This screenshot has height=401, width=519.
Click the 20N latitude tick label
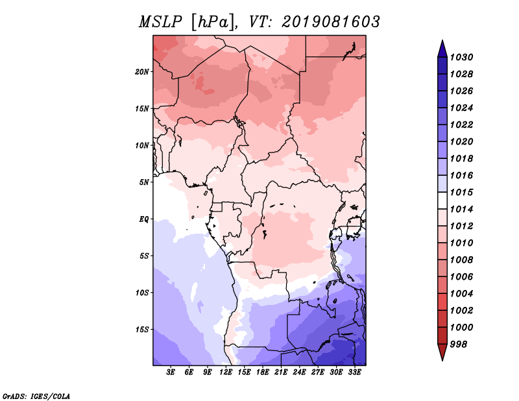point(142,72)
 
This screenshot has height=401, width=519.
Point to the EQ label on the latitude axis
point(143,219)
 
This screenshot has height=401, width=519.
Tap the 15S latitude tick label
point(142,330)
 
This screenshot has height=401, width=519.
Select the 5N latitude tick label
point(144,182)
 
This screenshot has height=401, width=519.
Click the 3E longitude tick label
point(171,372)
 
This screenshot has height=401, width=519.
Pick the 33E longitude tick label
point(354,372)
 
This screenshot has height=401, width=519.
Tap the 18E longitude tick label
point(263,372)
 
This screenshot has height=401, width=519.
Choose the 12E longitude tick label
point(226,372)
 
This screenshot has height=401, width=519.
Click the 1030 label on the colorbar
point(461,57)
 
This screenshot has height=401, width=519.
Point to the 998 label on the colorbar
point(459,345)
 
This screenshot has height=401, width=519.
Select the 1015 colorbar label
point(461,192)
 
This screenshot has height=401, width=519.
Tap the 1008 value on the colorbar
point(461,260)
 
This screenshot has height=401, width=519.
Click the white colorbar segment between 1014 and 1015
point(442,200)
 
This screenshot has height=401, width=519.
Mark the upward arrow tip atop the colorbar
point(442,40)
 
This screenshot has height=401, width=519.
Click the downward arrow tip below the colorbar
point(442,361)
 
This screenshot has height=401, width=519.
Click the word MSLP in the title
point(160,22)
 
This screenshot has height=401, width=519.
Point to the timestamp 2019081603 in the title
point(331,22)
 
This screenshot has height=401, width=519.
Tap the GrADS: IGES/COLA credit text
point(36,396)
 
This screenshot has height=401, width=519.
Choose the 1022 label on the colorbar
point(461,125)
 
